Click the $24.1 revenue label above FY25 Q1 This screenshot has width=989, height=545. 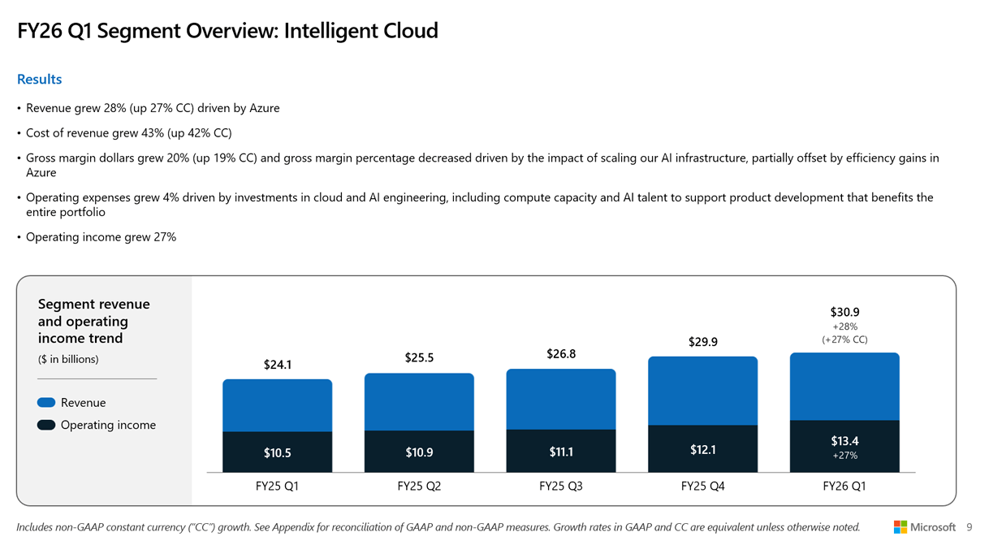point(277,365)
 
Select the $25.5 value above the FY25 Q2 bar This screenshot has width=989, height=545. point(419,358)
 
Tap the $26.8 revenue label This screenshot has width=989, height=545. point(561,354)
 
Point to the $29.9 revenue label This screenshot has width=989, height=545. point(702,342)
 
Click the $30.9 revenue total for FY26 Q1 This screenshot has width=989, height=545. point(844,312)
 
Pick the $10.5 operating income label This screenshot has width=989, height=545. point(277,453)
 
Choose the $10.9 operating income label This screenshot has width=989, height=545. point(419,452)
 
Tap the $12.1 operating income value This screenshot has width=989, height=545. point(702,450)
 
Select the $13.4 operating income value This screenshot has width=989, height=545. point(844,441)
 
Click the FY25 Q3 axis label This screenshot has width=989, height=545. point(561,487)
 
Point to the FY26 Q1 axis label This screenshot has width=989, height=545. point(844,487)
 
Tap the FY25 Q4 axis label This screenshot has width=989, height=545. point(702,487)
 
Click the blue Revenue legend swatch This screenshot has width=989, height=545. point(46,403)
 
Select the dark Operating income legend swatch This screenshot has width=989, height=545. point(46,425)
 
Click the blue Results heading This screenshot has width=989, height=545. point(39,80)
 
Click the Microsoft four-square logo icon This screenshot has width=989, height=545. point(900,527)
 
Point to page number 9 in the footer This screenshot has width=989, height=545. point(970,527)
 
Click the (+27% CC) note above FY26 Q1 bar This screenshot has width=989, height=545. point(844,340)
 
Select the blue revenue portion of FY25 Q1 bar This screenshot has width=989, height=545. point(277,405)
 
